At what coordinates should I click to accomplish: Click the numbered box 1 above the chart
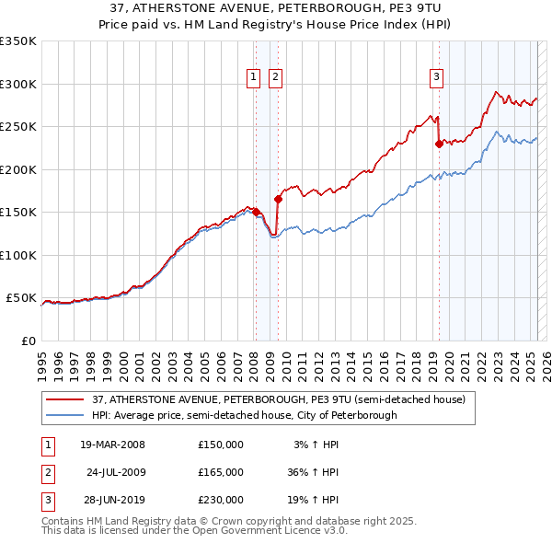[253, 78]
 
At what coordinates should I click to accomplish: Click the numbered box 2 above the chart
[274, 78]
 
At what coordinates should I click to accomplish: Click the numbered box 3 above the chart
[435, 78]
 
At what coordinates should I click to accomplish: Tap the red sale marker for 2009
[278, 199]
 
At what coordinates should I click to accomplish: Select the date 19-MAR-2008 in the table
[113, 445]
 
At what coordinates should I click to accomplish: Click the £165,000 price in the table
[221, 472]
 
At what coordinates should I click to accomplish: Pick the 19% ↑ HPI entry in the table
[316, 500]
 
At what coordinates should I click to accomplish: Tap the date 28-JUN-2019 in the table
[113, 500]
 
